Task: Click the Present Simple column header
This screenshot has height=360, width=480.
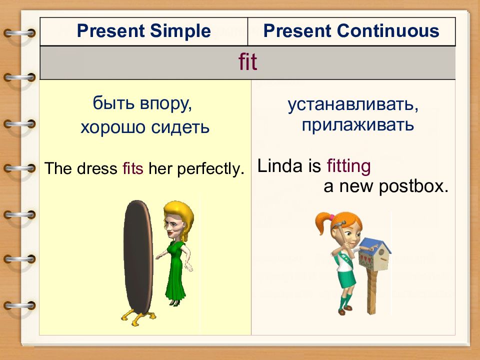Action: pyautogui.click(x=143, y=31)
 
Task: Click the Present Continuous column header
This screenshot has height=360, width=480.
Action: pyautogui.click(x=351, y=31)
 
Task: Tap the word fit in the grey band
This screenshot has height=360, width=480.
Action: pyautogui.click(x=247, y=62)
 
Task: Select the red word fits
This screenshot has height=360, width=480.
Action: pyautogui.click(x=133, y=168)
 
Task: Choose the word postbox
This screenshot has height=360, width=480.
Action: pyautogui.click(x=413, y=186)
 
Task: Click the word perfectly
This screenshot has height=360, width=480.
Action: pyautogui.click(x=211, y=169)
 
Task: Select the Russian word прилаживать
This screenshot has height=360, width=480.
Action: pyautogui.click(x=358, y=125)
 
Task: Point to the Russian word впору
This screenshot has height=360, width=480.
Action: pyautogui.click(x=166, y=104)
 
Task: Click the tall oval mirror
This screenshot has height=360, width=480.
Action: pyautogui.click(x=138, y=256)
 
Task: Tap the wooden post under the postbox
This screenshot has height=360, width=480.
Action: pyautogui.click(x=371, y=291)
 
